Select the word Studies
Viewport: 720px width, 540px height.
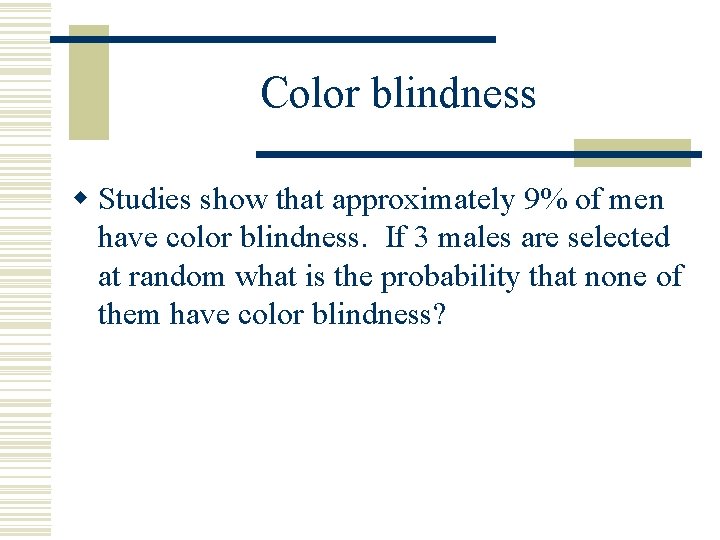coord(146,200)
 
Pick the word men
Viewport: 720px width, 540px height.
coord(635,200)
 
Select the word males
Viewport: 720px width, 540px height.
coord(474,238)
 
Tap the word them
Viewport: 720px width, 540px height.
coord(130,314)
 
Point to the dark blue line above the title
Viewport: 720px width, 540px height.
coord(272,39)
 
